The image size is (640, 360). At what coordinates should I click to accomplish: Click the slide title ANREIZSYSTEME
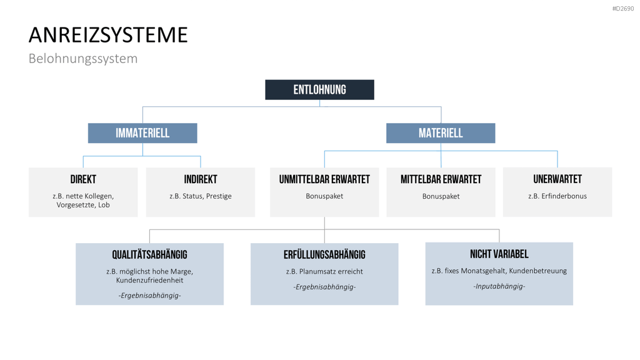(108, 35)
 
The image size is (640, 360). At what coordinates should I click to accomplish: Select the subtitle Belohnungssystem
(83, 58)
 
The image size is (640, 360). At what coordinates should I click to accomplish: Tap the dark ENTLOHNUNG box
(319, 90)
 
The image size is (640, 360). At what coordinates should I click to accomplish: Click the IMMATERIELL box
(142, 133)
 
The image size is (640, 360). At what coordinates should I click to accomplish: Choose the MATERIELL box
(441, 133)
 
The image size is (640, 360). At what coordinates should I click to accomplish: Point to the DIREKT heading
(83, 179)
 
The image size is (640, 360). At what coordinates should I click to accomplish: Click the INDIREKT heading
(201, 179)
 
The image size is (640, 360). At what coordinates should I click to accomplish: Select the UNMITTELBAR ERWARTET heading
(324, 179)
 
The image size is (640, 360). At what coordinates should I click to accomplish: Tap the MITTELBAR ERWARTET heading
(441, 179)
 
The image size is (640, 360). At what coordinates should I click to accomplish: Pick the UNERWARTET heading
(557, 179)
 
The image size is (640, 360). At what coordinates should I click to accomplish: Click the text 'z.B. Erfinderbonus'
(557, 196)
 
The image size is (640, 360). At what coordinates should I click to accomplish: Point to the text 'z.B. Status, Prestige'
(201, 196)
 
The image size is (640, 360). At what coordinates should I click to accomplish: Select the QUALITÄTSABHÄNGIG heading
(150, 254)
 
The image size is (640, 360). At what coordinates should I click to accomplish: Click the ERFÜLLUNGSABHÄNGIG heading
(324, 254)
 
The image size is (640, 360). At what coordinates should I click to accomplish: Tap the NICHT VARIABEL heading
(499, 254)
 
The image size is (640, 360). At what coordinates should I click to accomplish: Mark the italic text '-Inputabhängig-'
(499, 286)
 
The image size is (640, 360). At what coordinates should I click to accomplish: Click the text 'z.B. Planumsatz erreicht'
(324, 271)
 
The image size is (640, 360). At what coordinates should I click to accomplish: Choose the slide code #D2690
(623, 9)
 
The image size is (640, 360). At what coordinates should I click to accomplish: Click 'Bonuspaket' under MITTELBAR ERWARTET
(441, 196)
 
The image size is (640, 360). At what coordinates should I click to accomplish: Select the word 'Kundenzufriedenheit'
(150, 281)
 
